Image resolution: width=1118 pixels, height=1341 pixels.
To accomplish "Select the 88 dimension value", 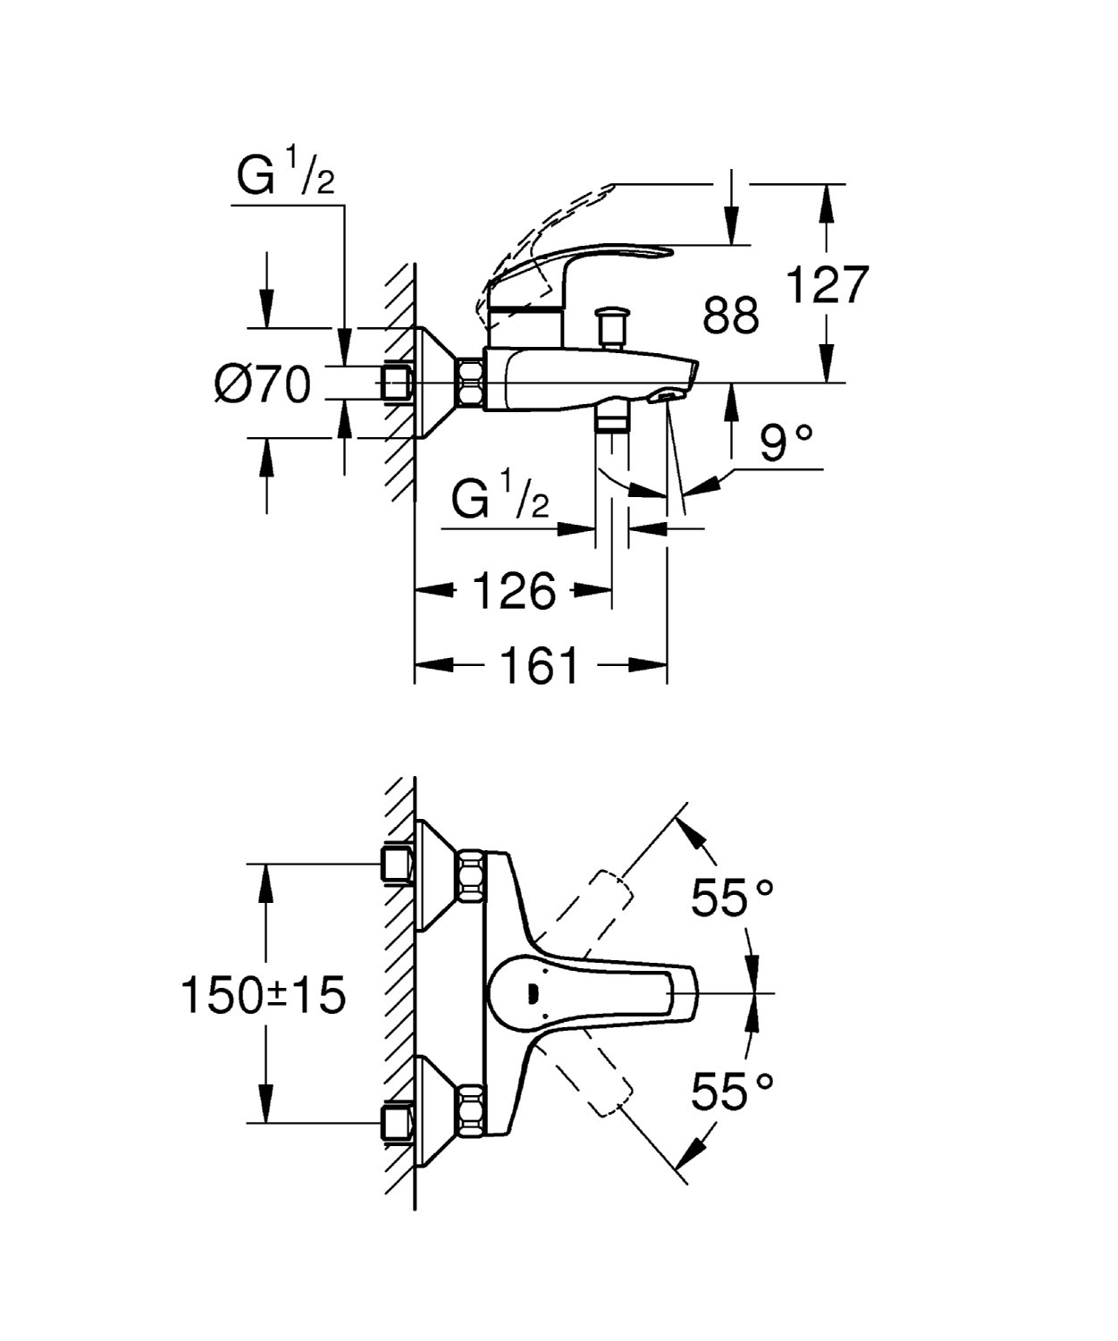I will tap(730, 316).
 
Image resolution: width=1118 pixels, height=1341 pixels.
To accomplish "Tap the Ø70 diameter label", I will tap(263, 385).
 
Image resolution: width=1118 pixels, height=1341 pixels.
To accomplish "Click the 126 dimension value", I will tap(514, 591).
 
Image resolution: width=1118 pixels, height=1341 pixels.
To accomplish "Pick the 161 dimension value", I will tap(539, 666).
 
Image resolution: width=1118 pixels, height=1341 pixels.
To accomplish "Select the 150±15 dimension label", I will tap(263, 995).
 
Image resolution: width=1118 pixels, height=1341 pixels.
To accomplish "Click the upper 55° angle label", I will tap(732, 897).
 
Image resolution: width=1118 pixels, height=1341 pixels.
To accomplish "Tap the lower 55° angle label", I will tap(732, 1091).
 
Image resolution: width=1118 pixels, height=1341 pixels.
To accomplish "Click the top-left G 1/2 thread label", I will tap(285, 176).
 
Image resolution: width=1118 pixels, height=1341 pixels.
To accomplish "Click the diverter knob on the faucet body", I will tap(613, 325).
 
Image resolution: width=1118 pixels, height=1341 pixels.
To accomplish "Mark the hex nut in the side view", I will tap(470, 384).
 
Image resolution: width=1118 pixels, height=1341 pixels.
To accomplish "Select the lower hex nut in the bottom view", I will tap(470, 1109).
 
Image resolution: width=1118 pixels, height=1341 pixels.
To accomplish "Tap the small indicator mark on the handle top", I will tap(534, 992).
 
